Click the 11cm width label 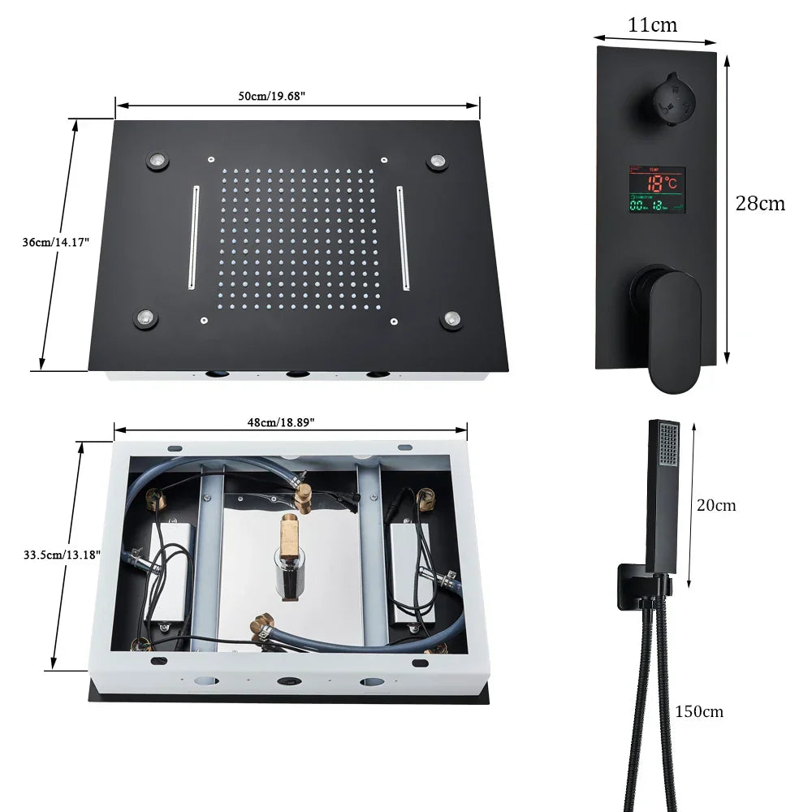652,25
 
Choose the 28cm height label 760,203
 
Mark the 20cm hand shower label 716,505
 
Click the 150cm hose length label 699,711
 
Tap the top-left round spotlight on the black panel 158,159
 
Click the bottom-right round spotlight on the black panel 451,319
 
